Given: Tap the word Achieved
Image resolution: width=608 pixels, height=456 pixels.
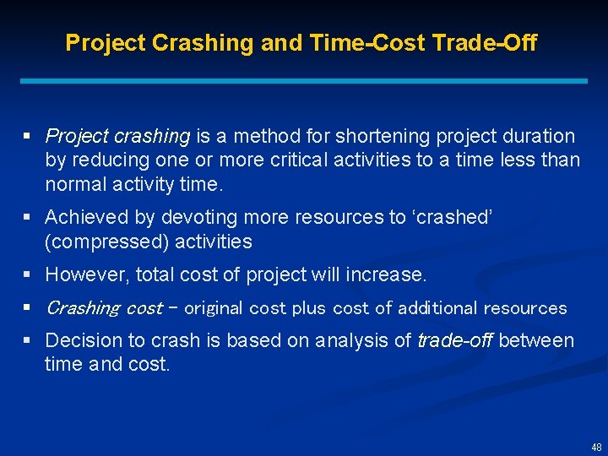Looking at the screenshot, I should click(x=86, y=217).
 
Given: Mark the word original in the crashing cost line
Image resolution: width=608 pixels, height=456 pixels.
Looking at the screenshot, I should click(x=213, y=308).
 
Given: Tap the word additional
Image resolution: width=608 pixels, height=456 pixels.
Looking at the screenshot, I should click(x=437, y=308).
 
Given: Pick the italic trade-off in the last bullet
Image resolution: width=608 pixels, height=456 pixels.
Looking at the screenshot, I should click(x=453, y=340).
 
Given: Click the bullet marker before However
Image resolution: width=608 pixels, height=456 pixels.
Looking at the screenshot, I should click(x=28, y=274).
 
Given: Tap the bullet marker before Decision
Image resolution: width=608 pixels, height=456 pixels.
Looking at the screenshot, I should click(x=28, y=340).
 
